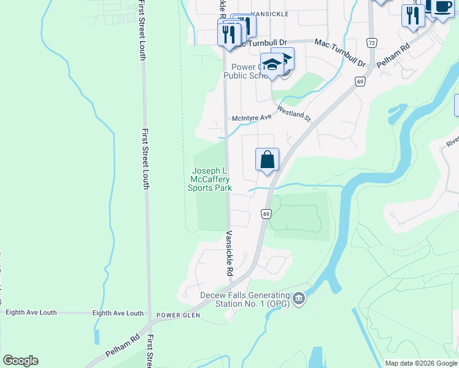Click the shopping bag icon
(x=267, y=160)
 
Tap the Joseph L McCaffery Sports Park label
(x=210, y=179)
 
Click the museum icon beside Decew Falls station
(x=299, y=299)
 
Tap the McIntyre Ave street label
(x=251, y=117)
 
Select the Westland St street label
(x=295, y=113)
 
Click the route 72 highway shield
(x=371, y=42)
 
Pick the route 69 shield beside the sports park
(x=266, y=213)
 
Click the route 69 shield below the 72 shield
(x=360, y=81)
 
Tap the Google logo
(x=20, y=360)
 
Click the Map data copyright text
(x=420, y=363)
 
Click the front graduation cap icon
(x=271, y=65)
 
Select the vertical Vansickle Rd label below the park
(x=229, y=253)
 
